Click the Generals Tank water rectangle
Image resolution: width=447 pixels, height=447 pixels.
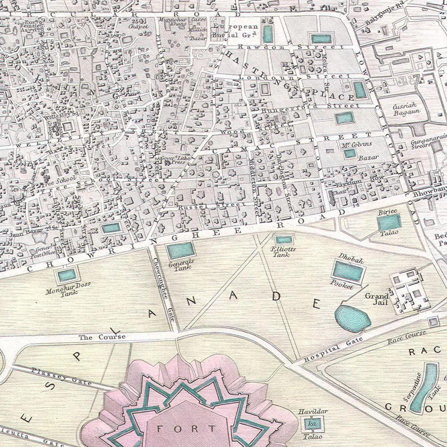[x=181, y=251]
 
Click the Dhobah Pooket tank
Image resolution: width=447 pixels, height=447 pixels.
[x=348, y=271]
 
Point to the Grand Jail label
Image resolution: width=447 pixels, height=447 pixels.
[x=376, y=299]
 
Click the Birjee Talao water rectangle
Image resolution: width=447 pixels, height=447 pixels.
[x=389, y=222]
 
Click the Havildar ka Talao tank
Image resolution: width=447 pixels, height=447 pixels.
[x=311, y=423]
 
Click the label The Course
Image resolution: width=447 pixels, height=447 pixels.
[x=102, y=337]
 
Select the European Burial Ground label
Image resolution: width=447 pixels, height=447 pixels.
[x=235, y=31]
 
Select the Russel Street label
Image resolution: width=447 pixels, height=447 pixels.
[x=212, y=205]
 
